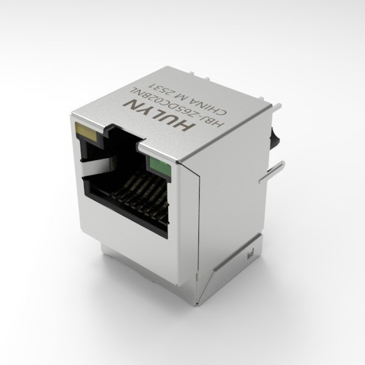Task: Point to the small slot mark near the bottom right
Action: click(x=251, y=253)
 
